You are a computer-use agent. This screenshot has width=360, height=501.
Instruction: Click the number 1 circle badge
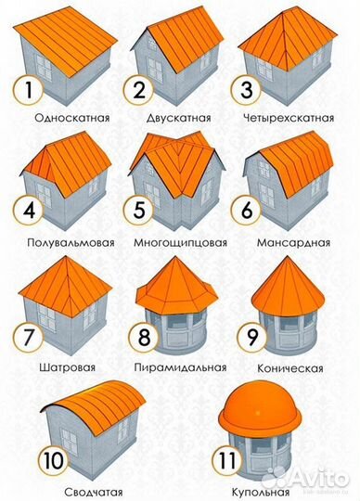(28, 92)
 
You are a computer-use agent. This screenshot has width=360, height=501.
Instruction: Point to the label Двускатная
(178, 119)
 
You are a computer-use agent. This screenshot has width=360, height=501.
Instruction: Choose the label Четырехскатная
(296, 119)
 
